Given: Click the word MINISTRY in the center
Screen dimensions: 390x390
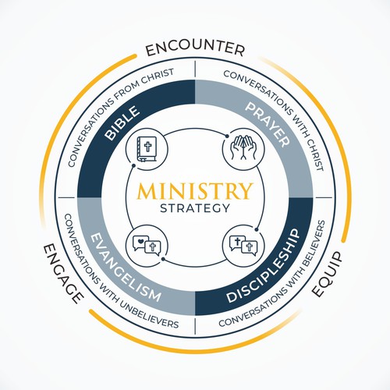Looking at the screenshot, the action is (195, 191).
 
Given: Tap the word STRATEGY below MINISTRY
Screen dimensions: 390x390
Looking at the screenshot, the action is (195, 208).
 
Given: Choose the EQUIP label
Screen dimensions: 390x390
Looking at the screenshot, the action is (326, 275).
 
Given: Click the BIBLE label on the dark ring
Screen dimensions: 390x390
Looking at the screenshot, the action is (122, 122).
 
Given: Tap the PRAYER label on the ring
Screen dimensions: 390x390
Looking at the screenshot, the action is (268, 125).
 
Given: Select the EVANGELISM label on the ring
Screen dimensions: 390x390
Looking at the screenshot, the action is (126, 268).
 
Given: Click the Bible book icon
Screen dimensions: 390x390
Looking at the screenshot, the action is (147, 149).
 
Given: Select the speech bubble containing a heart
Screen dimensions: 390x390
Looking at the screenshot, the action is (140, 243).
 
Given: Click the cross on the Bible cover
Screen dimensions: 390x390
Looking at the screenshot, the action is (147, 147).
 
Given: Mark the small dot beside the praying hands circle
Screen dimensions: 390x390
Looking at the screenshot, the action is (227, 136).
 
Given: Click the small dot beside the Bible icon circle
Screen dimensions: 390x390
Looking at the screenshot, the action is (133, 165).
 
